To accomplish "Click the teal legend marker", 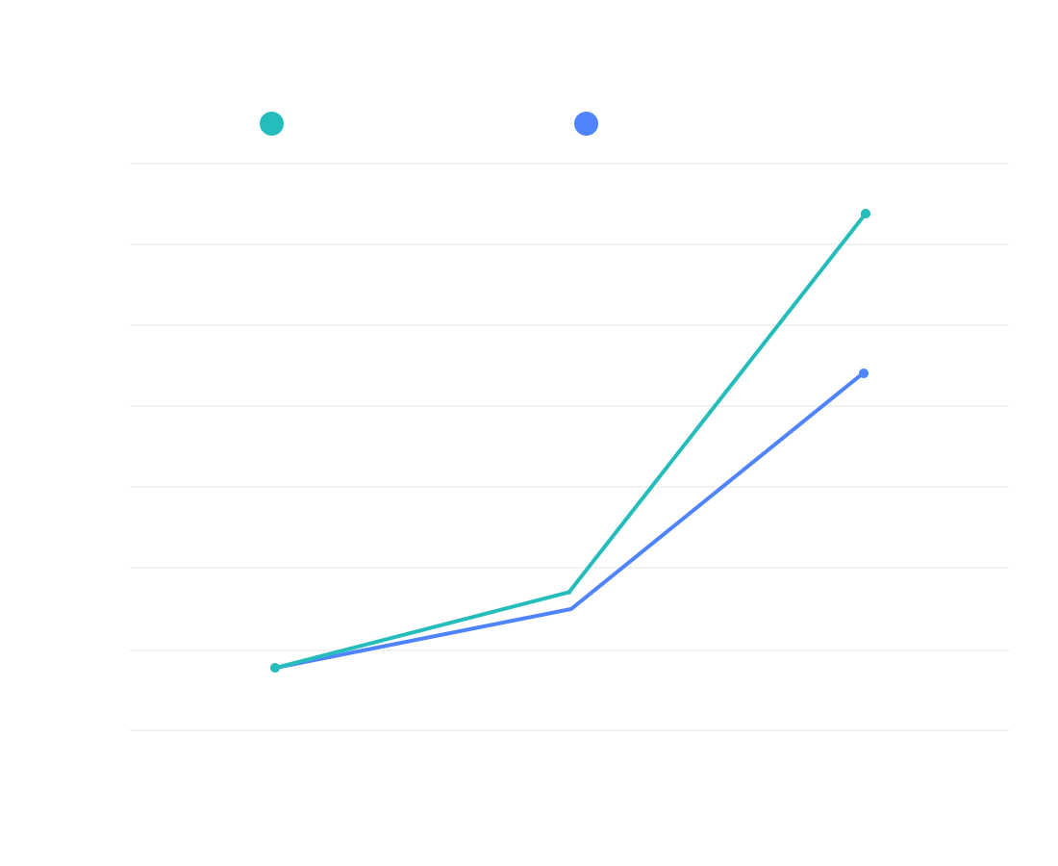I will click(x=272, y=124).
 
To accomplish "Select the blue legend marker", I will click(x=586, y=124).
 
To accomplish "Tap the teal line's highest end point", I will click(x=866, y=214).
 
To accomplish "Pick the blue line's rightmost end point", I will click(x=864, y=373).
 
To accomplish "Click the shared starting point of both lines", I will click(x=275, y=667).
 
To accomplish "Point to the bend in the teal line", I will click(x=570, y=592).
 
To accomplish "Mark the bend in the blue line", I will click(x=570, y=609).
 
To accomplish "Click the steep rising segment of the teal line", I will click(x=718, y=403).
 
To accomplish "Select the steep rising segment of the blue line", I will click(x=717, y=492).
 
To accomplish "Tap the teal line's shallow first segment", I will click(x=423, y=629).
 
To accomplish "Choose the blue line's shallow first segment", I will click(x=423, y=639).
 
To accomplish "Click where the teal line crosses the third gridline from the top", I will click(x=778, y=325).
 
